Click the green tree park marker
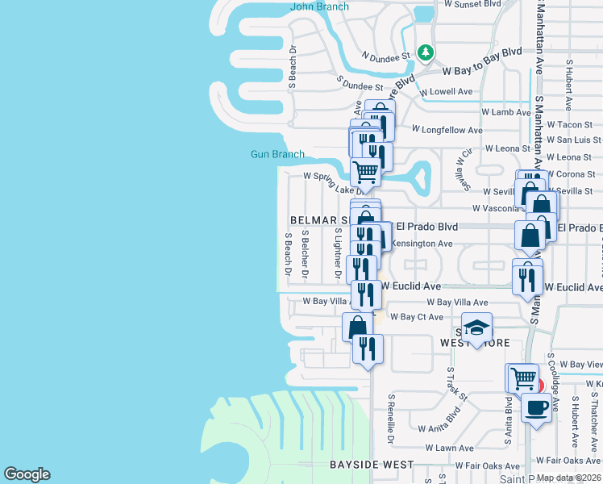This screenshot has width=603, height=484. pos(426,53)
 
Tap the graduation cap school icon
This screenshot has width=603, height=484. pos(476,328)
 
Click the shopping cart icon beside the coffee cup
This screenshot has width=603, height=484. pos(522,378)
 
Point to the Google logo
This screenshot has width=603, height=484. pos(27,474)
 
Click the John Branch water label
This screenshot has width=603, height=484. pos(319,7)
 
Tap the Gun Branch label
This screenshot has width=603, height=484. pos(277,154)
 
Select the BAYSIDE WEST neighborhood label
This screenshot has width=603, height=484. pos(372,465)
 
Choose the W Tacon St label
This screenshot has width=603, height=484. pos(569,125)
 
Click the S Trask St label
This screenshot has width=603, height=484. pos(457,384)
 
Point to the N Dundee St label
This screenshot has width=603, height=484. pos(386,56)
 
